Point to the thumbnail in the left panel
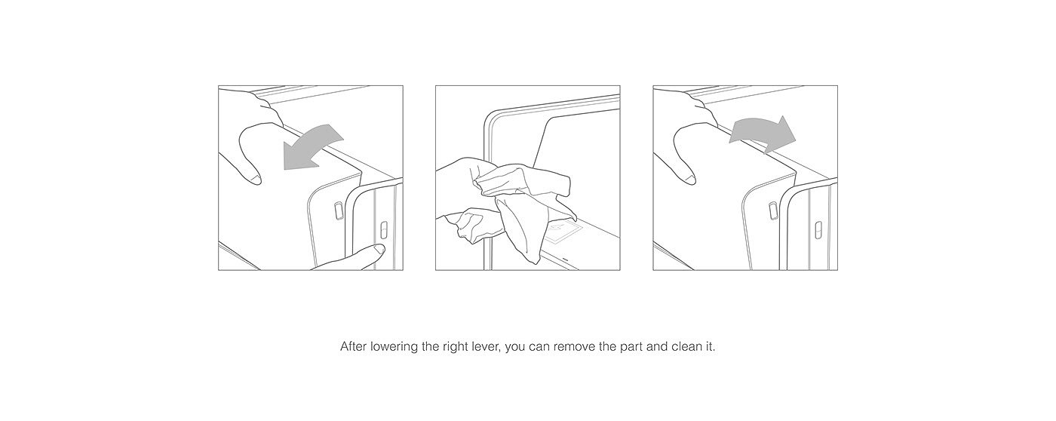click(256, 178)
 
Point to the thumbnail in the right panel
click(689, 178)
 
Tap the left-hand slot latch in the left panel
click(339, 210)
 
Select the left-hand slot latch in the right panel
click(773, 210)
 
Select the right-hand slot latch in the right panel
click(818, 229)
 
